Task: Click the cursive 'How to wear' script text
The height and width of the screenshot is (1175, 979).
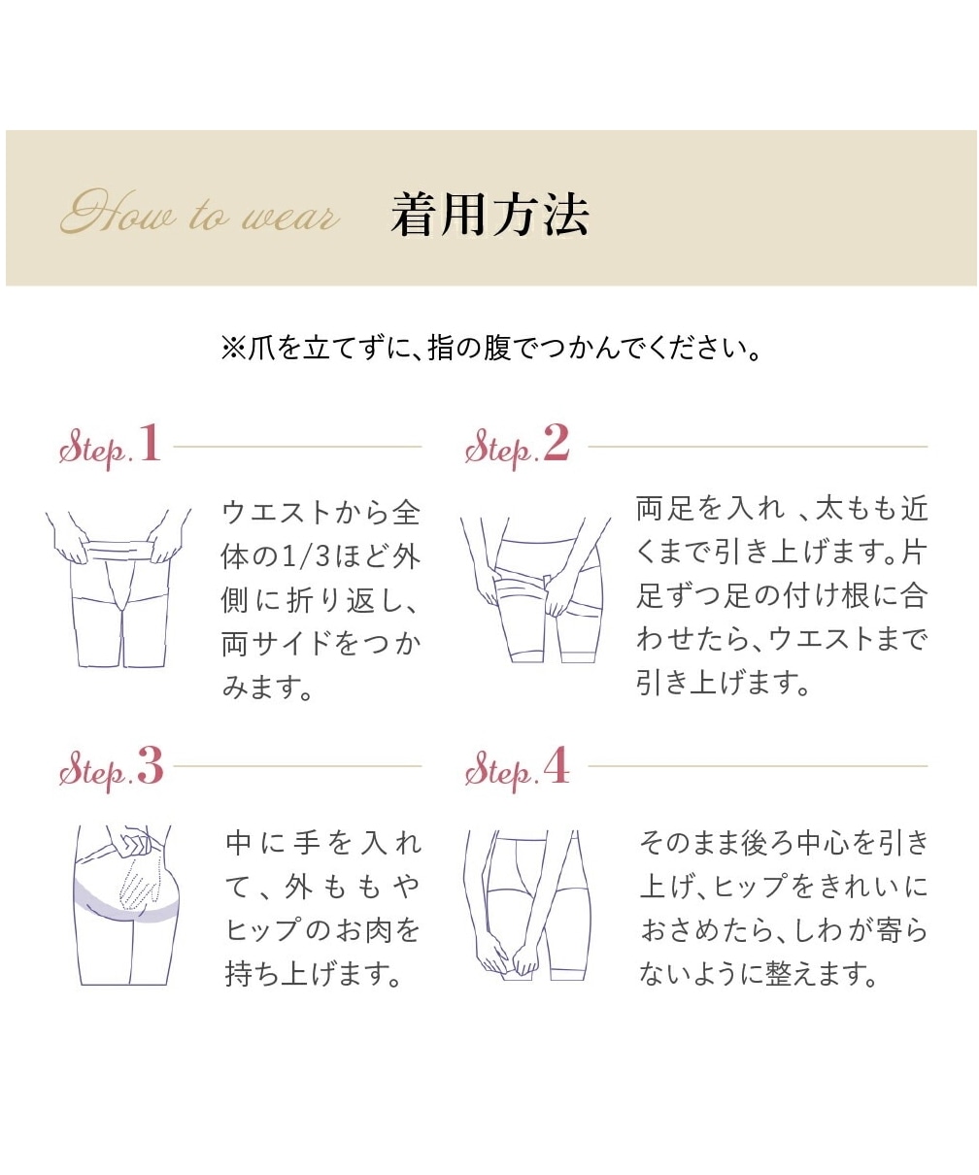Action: [200, 212]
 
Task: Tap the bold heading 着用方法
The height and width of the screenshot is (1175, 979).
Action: [489, 215]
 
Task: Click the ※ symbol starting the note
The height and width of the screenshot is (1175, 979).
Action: [234, 349]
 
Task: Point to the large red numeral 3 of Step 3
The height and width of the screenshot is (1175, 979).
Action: [151, 765]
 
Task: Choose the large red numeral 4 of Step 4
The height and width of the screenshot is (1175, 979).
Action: [557, 765]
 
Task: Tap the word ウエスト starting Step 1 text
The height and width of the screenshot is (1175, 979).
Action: [277, 513]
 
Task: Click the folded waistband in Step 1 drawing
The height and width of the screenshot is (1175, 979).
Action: [118, 549]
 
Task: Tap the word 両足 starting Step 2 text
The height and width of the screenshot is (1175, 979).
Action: [663, 508]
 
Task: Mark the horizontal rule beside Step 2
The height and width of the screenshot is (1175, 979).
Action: [758, 447]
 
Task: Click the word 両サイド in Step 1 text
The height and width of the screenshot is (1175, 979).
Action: [277, 643]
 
